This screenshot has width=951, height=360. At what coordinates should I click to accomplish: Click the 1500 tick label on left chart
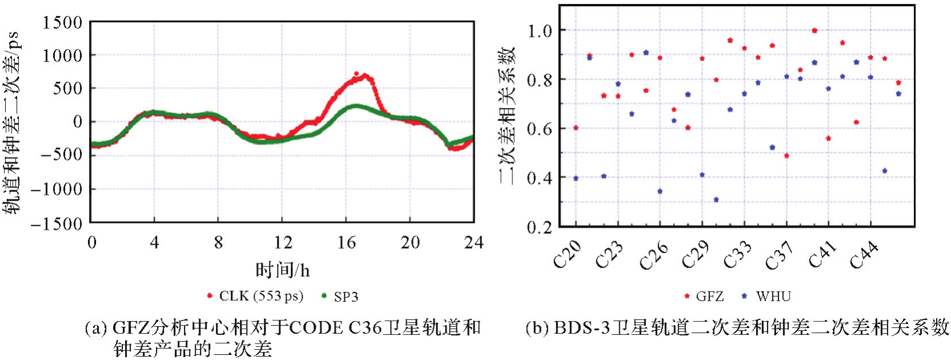coord(62,23)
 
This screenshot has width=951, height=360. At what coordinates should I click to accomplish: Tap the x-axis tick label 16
coord(346,243)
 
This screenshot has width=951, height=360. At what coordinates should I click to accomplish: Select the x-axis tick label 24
coord(474,243)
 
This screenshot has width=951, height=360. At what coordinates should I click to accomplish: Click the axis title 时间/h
coord(282,270)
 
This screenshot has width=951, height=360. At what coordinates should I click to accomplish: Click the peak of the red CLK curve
coord(356,74)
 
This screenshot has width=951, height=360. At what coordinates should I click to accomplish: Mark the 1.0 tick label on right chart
coord(539,30)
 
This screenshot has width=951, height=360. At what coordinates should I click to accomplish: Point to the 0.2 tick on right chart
coord(539,227)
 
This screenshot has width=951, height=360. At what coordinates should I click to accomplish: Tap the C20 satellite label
coord(567,255)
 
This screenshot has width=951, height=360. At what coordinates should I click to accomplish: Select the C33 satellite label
coord(737,255)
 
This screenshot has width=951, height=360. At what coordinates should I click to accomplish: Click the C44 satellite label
coord(863,255)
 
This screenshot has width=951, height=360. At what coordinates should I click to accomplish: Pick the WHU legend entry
coord(773,296)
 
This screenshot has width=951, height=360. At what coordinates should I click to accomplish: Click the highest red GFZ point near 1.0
coord(814,31)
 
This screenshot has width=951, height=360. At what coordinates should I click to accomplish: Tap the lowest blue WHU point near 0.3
coord(716,199)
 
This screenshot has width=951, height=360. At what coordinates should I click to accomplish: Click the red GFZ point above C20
coord(576,128)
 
